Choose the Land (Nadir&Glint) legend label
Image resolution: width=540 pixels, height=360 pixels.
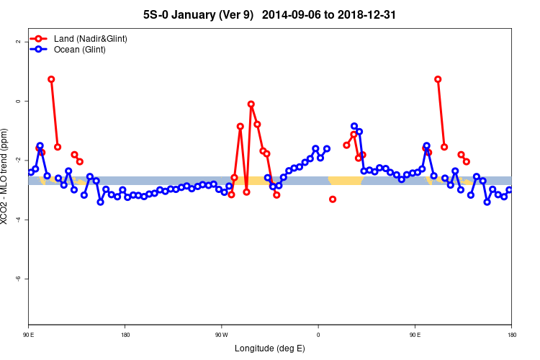pyautogui.click(x=91, y=38)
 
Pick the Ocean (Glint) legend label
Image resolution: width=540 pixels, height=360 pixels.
pyautogui.click(x=80, y=50)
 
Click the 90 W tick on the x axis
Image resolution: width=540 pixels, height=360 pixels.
pyautogui.click(x=221, y=335)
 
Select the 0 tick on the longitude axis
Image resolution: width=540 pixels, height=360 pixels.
pyautogui.click(x=318, y=335)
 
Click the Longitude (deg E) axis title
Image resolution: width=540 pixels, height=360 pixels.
pyautogui.click(x=269, y=348)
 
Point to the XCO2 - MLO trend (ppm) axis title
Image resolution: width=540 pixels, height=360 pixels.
pyautogui.click(x=6, y=176)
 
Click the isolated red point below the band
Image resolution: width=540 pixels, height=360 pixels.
pyautogui.click(x=333, y=199)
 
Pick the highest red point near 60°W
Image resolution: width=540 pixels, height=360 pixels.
pyautogui.click(x=251, y=104)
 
